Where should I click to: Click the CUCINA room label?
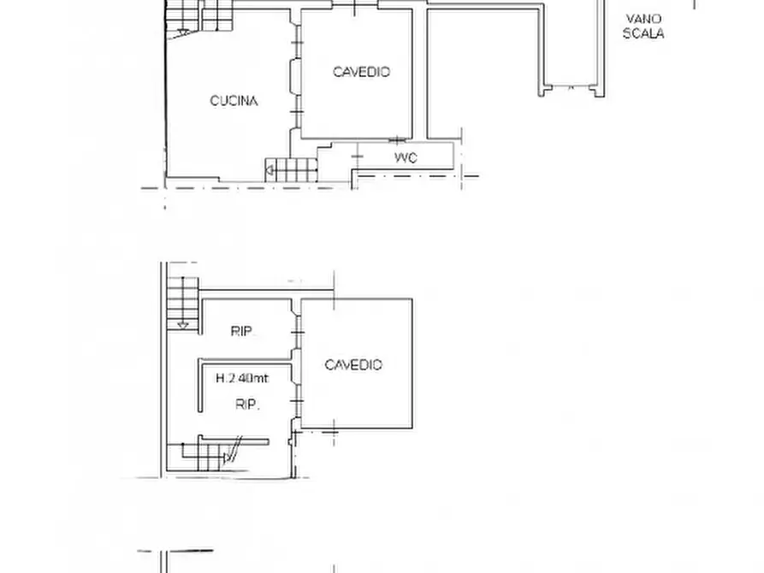click(234, 101)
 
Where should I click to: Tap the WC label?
click(406, 158)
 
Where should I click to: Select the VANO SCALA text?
click(644, 27)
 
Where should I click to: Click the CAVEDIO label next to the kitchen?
click(361, 72)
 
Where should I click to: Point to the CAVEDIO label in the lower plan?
click(353, 365)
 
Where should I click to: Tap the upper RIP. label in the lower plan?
click(245, 332)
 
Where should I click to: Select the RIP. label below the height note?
click(247, 405)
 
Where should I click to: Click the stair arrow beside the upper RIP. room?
click(181, 324)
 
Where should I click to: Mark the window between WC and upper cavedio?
click(397, 139)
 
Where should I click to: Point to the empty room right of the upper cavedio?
click(483, 73)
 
